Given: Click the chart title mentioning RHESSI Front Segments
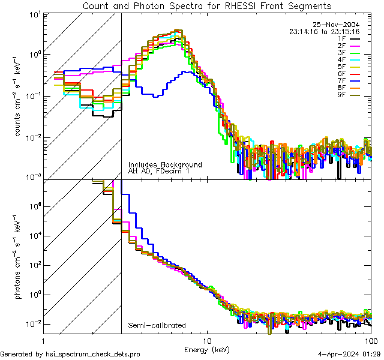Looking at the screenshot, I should (x=206, y=6).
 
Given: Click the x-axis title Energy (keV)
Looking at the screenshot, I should (x=206, y=349).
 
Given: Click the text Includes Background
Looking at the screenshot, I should (x=164, y=164).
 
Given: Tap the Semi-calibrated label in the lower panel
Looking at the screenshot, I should (x=157, y=326).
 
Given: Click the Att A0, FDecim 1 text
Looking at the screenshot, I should (x=158, y=171).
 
